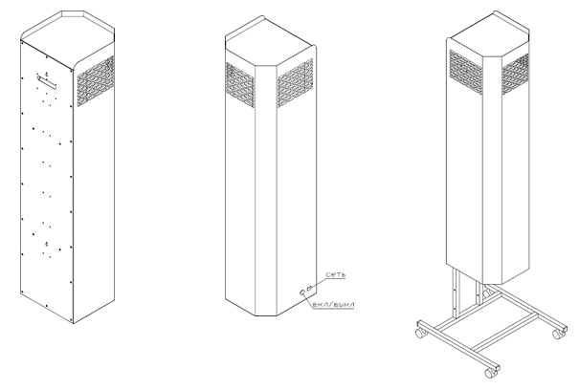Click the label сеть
336,274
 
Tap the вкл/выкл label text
333,304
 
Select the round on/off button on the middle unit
302,292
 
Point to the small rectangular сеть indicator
309,288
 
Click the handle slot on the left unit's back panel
47,82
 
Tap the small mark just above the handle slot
47,75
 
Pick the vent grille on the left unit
96,81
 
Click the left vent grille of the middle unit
240,85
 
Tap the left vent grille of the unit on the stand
466,72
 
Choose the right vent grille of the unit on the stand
516,75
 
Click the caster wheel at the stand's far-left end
421,332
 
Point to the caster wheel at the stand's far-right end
558,334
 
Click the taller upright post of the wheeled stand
457,294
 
